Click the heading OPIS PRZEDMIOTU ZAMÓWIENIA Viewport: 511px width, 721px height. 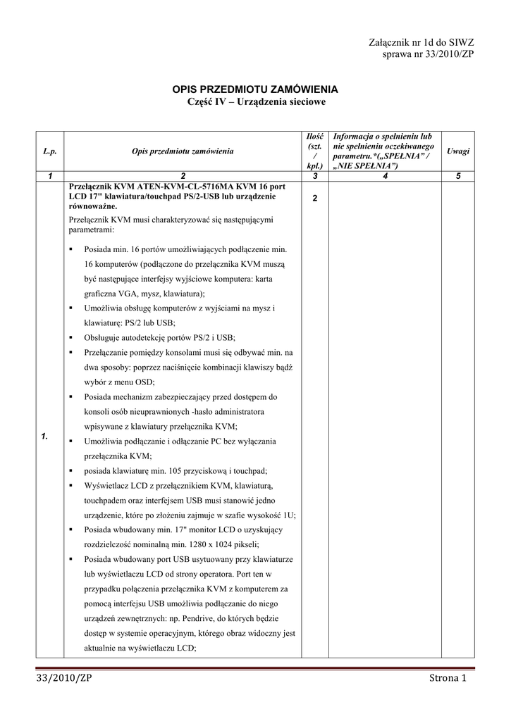coord(256,89)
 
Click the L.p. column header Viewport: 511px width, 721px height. coord(49,151)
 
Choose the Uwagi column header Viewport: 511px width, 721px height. coord(458,151)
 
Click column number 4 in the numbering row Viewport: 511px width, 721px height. coord(385,176)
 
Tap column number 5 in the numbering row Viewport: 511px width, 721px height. coord(458,176)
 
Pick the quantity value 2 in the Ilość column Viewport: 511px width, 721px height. coord(315,199)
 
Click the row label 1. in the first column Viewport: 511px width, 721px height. coord(44,437)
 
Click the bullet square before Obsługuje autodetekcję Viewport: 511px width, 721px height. coord(73,337)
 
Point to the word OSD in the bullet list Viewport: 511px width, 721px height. coord(144,382)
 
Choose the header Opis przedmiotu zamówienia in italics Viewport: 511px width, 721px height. coord(183,151)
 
